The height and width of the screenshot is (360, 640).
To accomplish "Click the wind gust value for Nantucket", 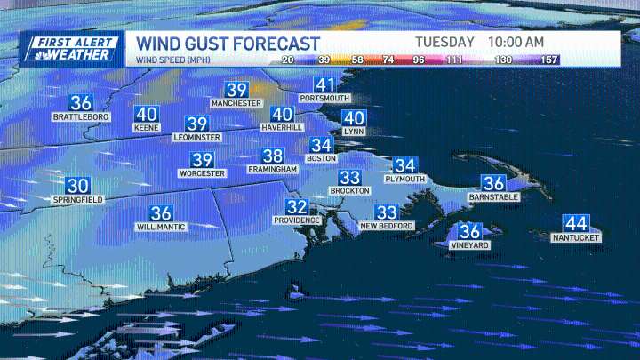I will coord(576,224).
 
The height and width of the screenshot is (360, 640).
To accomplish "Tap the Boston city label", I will coord(321,158).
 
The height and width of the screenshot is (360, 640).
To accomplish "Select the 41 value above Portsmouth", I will coord(326,86).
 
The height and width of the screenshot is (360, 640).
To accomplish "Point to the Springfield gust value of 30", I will coord(78,186).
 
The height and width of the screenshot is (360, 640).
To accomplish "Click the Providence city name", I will coord(296,220).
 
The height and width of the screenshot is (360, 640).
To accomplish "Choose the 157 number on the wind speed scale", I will coord(548,60).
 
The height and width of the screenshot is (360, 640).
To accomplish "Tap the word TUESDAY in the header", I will coord(444,42).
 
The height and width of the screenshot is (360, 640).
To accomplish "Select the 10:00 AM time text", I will coord(516,42).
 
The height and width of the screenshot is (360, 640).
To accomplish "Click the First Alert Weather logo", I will coord(71,48).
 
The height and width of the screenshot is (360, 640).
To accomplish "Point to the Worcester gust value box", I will coord(203,160).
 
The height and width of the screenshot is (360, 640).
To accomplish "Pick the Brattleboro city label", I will coord(81,117).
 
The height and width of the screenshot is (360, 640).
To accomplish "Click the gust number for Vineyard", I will coord(470,231).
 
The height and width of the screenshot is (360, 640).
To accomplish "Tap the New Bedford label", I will coord(386,227).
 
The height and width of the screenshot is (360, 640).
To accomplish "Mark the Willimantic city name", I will coord(161,227).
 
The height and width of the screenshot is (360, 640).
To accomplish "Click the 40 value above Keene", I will coord(147,114).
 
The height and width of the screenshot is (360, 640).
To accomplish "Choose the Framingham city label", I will coord(273,169).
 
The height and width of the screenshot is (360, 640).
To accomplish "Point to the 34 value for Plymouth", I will coord(405,165).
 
